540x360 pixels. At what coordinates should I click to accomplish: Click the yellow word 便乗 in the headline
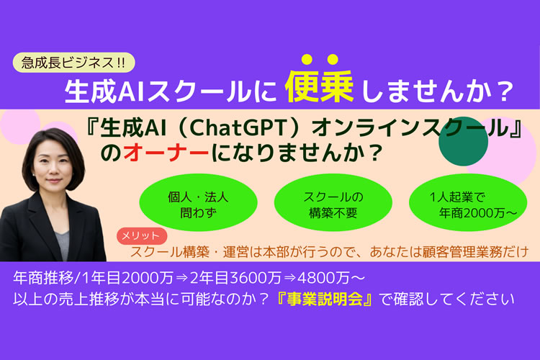click(x=319, y=86)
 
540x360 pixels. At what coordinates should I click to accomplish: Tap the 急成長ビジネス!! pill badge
click(x=73, y=63)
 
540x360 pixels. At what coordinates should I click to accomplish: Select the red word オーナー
click(x=166, y=152)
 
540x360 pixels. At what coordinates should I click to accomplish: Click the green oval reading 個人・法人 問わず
click(x=199, y=203)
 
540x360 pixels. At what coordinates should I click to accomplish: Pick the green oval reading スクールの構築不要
click(x=333, y=203)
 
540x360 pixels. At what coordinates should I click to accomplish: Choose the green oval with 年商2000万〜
click(x=468, y=203)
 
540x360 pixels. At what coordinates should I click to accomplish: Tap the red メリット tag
click(x=142, y=236)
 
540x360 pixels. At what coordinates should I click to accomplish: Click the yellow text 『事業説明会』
click(x=325, y=299)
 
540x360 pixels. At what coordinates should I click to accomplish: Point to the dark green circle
click(x=463, y=141)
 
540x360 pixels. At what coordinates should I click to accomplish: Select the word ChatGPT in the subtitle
click(x=238, y=128)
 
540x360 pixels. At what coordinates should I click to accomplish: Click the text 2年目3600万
click(x=236, y=278)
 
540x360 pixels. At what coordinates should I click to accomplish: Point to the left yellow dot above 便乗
click(x=307, y=60)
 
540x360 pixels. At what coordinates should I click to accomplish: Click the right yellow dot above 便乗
click(x=333, y=60)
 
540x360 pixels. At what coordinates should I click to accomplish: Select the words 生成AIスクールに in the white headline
click(x=171, y=91)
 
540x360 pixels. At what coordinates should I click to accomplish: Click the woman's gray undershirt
click(x=63, y=245)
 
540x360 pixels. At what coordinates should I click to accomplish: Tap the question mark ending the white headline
click(x=505, y=92)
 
